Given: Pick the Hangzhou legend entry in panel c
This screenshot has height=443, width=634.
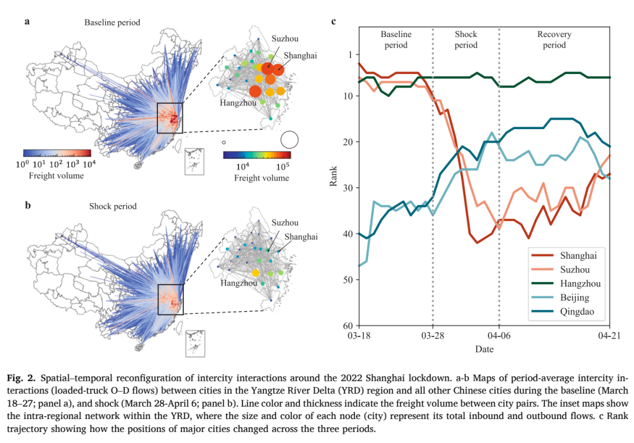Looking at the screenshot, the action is pyautogui.click(x=566, y=283).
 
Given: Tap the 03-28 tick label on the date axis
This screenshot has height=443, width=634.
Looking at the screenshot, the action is pyautogui.click(x=433, y=336).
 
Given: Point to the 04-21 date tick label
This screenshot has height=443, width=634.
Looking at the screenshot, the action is pyautogui.click(x=609, y=336).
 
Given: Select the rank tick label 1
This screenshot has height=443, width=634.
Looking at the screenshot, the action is pyautogui.click(x=350, y=55).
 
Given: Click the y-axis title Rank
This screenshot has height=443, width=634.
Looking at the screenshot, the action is pyautogui.click(x=333, y=176).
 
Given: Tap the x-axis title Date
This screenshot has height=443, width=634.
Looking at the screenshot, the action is pyautogui.click(x=484, y=349).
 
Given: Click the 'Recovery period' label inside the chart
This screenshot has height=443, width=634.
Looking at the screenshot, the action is pyautogui.click(x=554, y=40).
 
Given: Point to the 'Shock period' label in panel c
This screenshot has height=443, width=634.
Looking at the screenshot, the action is pyautogui.click(x=466, y=40).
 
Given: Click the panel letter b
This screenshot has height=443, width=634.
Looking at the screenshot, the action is pyautogui.click(x=28, y=205).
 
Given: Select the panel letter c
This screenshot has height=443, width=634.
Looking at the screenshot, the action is pyautogui.click(x=333, y=22).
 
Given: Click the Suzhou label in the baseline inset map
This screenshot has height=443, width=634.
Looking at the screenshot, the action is pyautogui.click(x=285, y=39).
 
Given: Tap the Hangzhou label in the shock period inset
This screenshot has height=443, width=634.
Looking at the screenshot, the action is pyautogui.click(x=238, y=283).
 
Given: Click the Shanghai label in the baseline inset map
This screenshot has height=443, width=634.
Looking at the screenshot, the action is pyautogui.click(x=300, y=56).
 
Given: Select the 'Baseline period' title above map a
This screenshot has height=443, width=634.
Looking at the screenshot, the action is pyautogui.click(x=112, y=22).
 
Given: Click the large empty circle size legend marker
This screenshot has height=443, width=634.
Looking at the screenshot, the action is pyautogui.click(x=289, y=140).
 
